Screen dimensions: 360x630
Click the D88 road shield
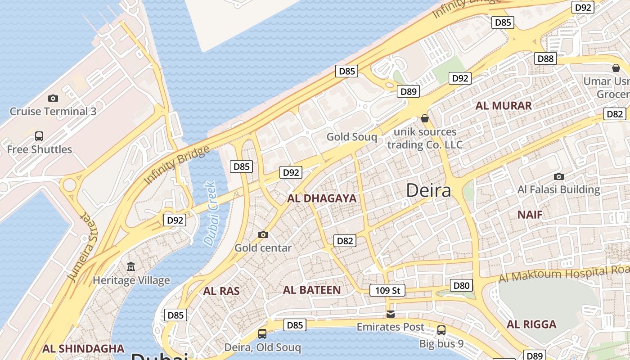(545, 58)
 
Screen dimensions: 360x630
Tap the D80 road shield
(461, 285)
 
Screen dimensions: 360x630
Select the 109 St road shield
(387, 290)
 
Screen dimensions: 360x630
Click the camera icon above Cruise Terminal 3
(53, 98)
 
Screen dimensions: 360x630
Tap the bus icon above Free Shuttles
(39, 136)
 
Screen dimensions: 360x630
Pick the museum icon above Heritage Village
(131, 267)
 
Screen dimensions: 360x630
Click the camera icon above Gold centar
(263, 234)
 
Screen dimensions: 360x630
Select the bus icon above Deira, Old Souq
(262, 334)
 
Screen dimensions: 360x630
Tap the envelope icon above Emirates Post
(391, 314)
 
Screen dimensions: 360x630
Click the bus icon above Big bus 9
(441, 330)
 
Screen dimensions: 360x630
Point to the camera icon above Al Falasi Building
(559, 176)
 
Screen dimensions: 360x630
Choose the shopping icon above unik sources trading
(424, 118)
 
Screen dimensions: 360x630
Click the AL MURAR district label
(504, 106)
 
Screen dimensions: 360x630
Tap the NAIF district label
(530, 214)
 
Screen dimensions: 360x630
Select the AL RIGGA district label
(531, 324)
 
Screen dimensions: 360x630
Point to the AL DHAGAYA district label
(322, 198)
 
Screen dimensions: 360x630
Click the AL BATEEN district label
(312, 290)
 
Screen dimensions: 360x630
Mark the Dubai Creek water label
(210, 214)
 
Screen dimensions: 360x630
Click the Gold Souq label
(352, 137)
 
